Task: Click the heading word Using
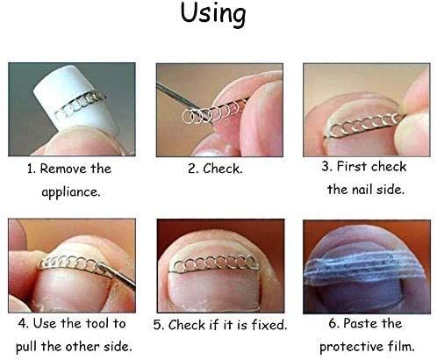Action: (213, 15)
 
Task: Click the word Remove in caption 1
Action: (63, 169)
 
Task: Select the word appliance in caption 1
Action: (71, 192)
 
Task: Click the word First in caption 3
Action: (352, 167)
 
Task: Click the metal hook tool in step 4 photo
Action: (117, 275)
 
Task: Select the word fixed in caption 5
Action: (269, 325)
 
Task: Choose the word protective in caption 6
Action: (352, 347)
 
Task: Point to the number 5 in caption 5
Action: (157, 325)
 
